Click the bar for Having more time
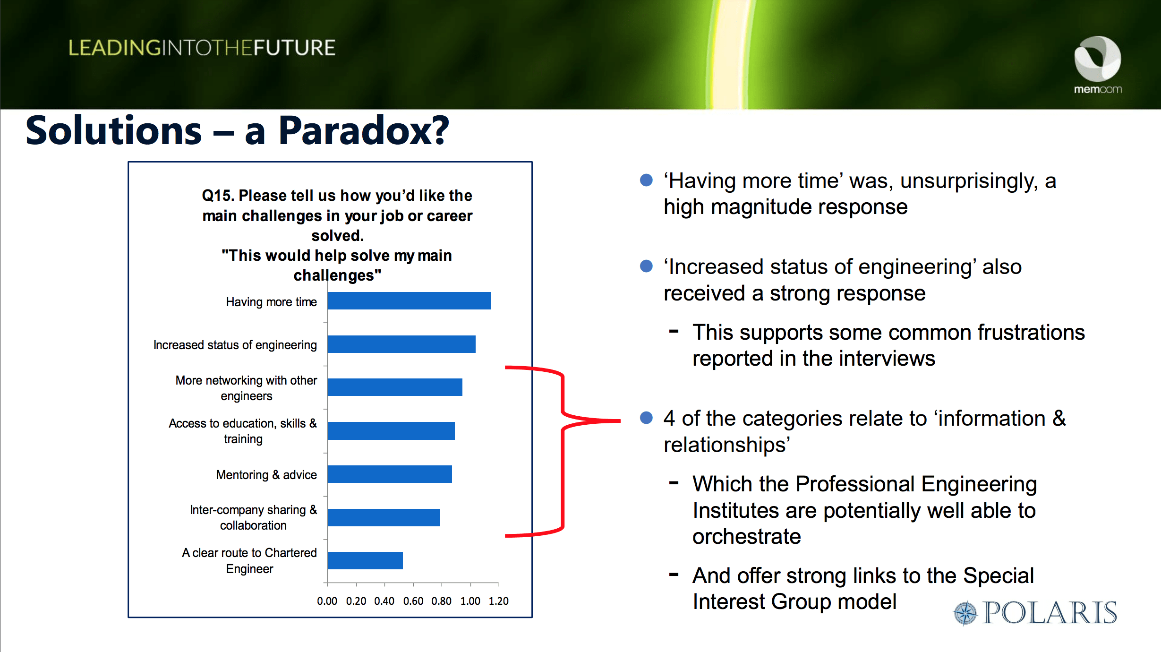(409, 300)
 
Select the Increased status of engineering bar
(401, 344)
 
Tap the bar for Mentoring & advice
(390, 474)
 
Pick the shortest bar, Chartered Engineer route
(365, 560)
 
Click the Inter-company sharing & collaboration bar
(384, 517)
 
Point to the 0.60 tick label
(413, 601)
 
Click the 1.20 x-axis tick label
(499, 601)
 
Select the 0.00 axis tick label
(327, 601)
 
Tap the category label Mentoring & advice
(266, 475)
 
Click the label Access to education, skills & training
(243, 431)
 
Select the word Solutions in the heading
(114, 131)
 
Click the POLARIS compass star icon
(965, 613)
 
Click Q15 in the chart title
(217, 196)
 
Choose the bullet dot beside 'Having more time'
(646, 180)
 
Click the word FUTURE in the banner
(294, 48)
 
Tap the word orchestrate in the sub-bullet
(747, 537)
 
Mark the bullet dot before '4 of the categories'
(646, 418)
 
